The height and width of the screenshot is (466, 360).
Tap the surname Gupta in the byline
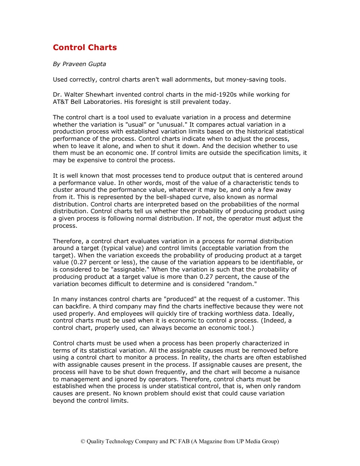point(96,64)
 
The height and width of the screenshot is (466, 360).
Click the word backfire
point(76,306)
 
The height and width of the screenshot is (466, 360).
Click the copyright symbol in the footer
point(83,441)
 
